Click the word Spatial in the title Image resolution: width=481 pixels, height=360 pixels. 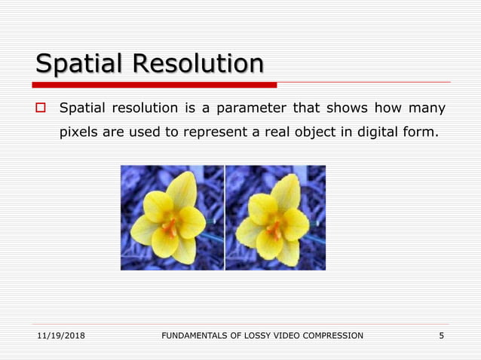pos(80,63)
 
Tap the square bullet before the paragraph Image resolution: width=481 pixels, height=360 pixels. pos(41,109)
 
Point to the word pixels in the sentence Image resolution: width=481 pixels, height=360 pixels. pos(78,135)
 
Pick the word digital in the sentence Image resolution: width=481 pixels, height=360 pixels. pos(385,135)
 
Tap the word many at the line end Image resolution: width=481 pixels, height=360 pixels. pos(427,109)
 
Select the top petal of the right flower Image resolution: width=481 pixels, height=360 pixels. pos(286,191)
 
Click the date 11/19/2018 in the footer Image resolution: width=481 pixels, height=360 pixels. pos(60,335)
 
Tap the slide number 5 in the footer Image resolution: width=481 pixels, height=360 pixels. pos(442,335)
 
